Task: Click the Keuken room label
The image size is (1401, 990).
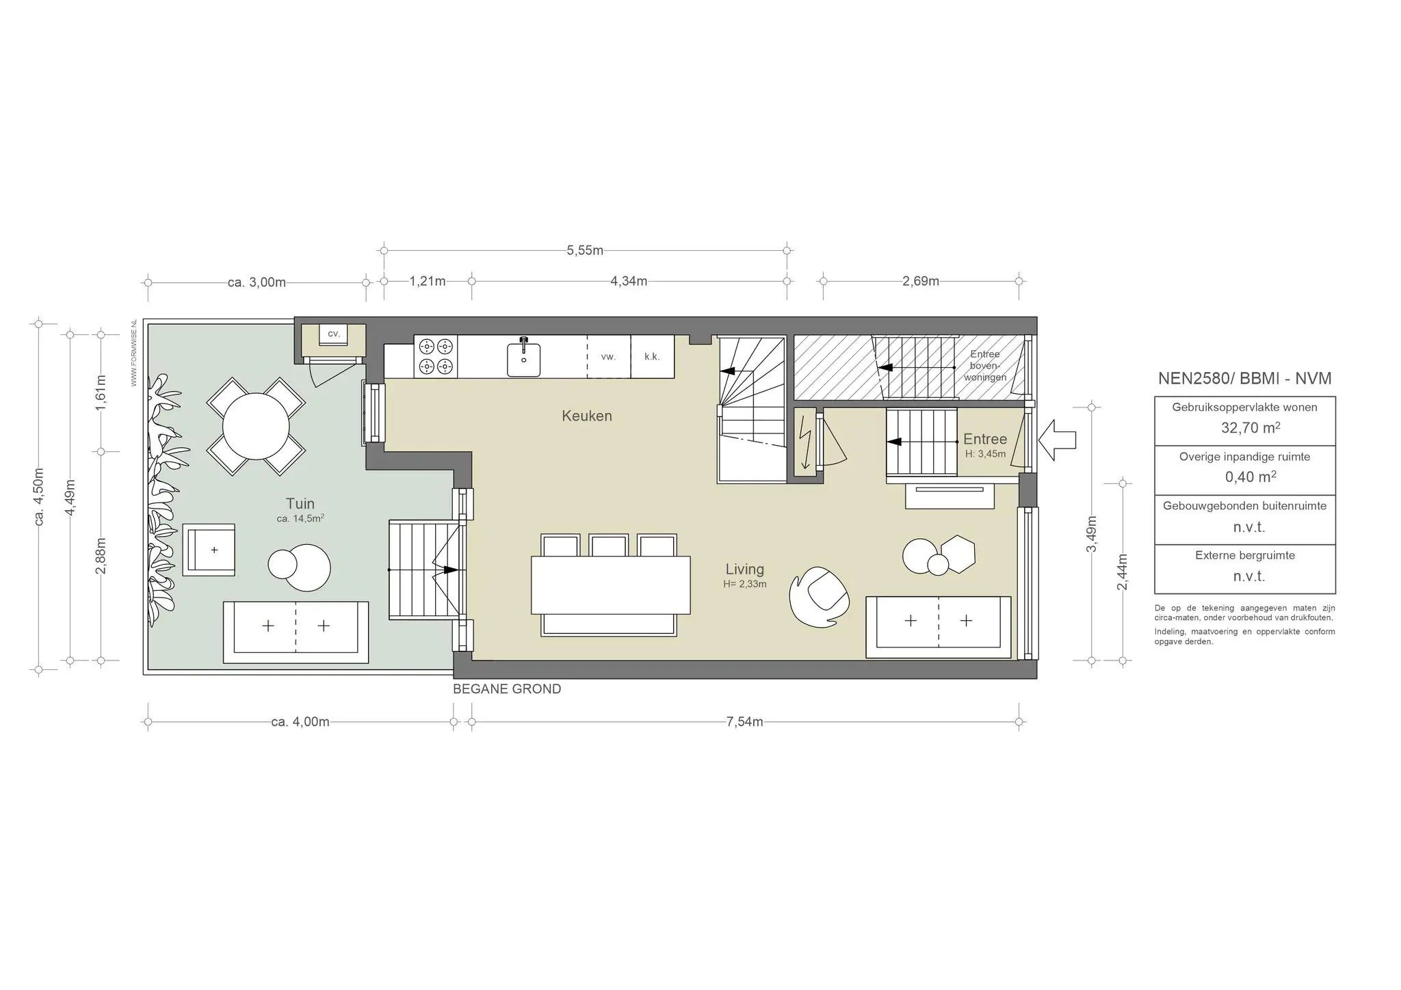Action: (587, 416)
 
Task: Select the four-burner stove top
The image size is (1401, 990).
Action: (436, 357)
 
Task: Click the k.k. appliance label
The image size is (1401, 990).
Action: (652, 356)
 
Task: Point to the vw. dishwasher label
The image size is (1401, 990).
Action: (608, 356)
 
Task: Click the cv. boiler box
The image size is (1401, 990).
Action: (334, 334)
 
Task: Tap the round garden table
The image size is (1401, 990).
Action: (256, 426)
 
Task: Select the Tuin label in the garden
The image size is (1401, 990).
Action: (300, 504)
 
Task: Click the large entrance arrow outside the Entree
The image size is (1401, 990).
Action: (1057, 440)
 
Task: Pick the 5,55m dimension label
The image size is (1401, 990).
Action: (585, 250)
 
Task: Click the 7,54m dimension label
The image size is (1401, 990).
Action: (744, 721)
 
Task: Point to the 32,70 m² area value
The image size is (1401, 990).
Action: (1251, 428)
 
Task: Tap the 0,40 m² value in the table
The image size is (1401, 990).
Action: (1251, 477)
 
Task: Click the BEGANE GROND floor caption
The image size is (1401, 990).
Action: (507, 689)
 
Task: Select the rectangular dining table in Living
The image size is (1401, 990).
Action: (611, 585)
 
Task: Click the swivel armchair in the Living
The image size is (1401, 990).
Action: (820, 596)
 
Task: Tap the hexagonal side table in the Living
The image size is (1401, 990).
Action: (958, 553)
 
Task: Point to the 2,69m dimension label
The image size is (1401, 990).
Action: (921, 281)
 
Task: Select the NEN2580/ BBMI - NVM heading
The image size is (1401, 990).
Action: (1245, 379)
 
